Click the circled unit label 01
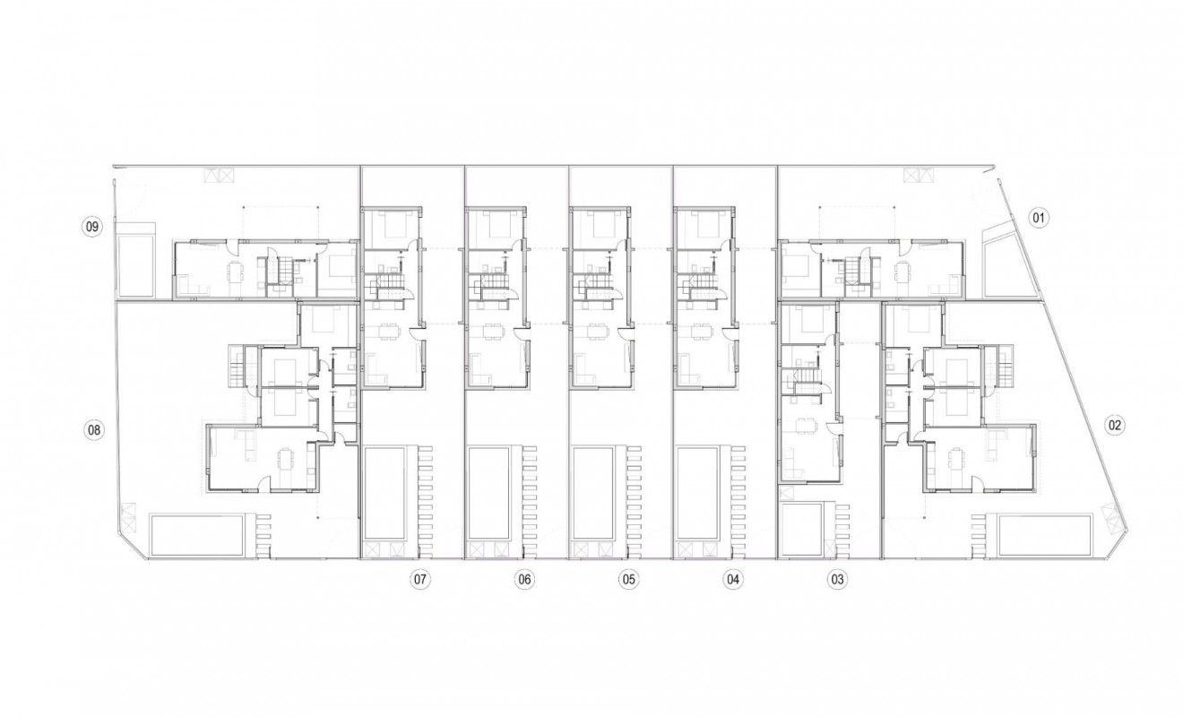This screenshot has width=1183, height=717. click(x=1039, y=218)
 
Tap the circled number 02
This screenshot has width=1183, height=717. click(x=1114, y=426)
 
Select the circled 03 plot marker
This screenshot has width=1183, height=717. click(x=837, y=580)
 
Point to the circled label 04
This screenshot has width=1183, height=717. click(x=733, y=580)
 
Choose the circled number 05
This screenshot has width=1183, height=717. click(x=628, y=580)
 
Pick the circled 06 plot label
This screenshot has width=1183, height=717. click(x=524, y=580)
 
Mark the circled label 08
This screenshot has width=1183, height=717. click(x=92, y=430)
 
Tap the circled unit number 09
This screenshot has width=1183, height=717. click(x=91, y=227)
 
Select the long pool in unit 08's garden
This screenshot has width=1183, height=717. click(x=198, y=535)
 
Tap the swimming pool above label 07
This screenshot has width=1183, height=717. click(x=384, y=492)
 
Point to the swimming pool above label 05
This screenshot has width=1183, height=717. click(x=591, y=492)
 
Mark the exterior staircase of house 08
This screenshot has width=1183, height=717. click(x=237, y=365)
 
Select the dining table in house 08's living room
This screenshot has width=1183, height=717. click(x=284, y=461)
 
